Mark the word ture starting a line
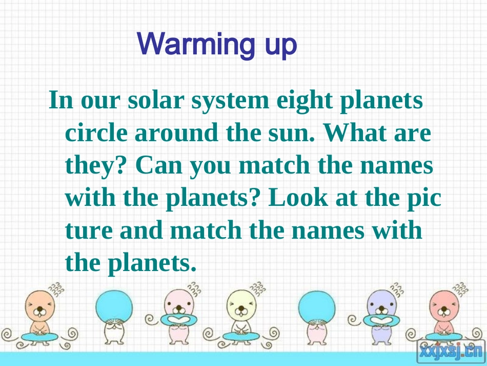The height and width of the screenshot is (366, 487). (x=88, y=231)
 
